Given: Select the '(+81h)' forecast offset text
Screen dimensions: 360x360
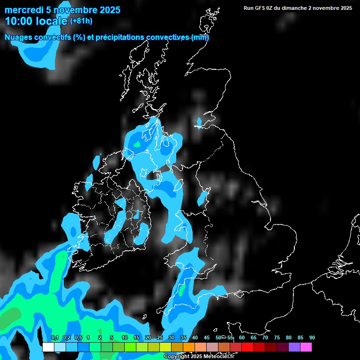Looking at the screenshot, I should [x=81, y=21].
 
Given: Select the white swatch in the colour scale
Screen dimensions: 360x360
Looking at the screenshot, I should [x=48, y=347].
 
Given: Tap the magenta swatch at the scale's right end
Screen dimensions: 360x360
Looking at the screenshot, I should [x=306, y=347].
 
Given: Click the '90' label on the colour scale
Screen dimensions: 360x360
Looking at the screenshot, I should [x=312, y=338].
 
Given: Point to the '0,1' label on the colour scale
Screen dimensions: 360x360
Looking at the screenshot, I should [x=55, y=338].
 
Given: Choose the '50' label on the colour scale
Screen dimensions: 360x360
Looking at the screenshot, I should [x=218, y=338].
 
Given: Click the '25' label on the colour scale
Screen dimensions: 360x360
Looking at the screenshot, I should [x=160, y=338].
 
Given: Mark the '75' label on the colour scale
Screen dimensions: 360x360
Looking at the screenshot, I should [x=277, y=338].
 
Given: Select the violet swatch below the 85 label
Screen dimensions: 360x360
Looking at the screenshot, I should [x=294, y=347].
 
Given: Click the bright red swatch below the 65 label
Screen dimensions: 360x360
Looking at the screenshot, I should [x=247, y=347].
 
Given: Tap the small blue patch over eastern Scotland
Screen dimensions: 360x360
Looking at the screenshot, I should [x=199, y=123].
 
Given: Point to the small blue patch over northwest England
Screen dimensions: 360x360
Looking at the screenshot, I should [x=202, y=198].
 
